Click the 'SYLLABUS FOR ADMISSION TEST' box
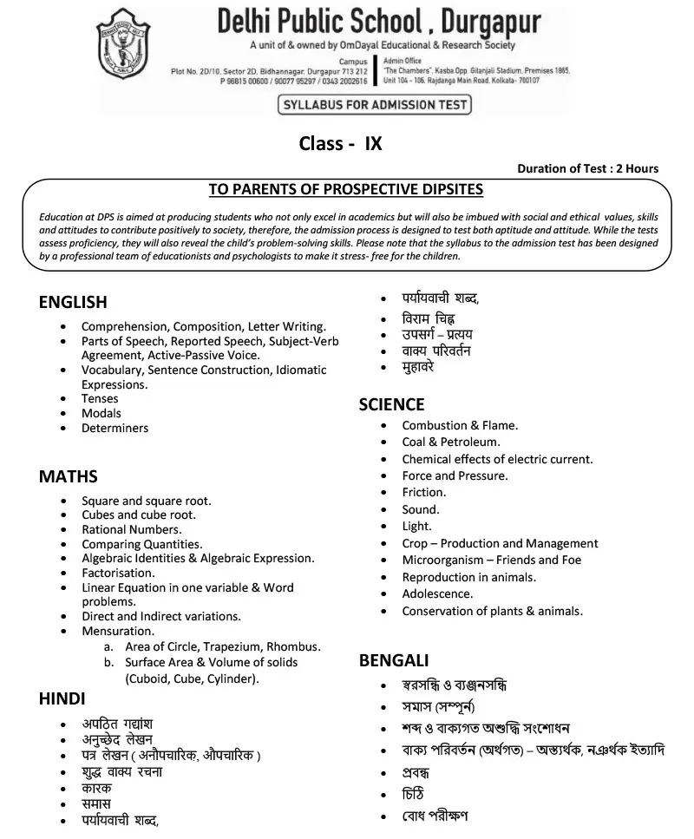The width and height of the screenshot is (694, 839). point(374,106)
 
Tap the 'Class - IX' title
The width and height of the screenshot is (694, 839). point(340,144)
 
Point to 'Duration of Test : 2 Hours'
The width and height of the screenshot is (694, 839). point(587,168)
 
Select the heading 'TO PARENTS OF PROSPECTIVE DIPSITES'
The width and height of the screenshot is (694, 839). point(346,189)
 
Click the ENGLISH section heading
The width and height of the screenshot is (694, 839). point(73,302)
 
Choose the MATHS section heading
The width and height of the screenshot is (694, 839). point(68,476)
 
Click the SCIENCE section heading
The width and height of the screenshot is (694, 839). point(391,404)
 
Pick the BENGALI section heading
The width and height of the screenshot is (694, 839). point(394,661)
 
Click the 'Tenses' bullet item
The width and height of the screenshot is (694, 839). point(100,399)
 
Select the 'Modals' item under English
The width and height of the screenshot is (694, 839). point(101,414)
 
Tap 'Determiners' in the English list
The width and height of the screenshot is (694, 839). point(115,428)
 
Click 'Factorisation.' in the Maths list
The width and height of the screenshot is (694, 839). point(118,573)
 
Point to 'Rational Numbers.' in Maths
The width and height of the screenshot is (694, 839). point(131,529)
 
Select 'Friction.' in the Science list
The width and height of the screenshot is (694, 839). point(423,492)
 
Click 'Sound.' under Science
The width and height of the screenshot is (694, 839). point(421,509)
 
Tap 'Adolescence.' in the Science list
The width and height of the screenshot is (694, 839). point(437,593)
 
